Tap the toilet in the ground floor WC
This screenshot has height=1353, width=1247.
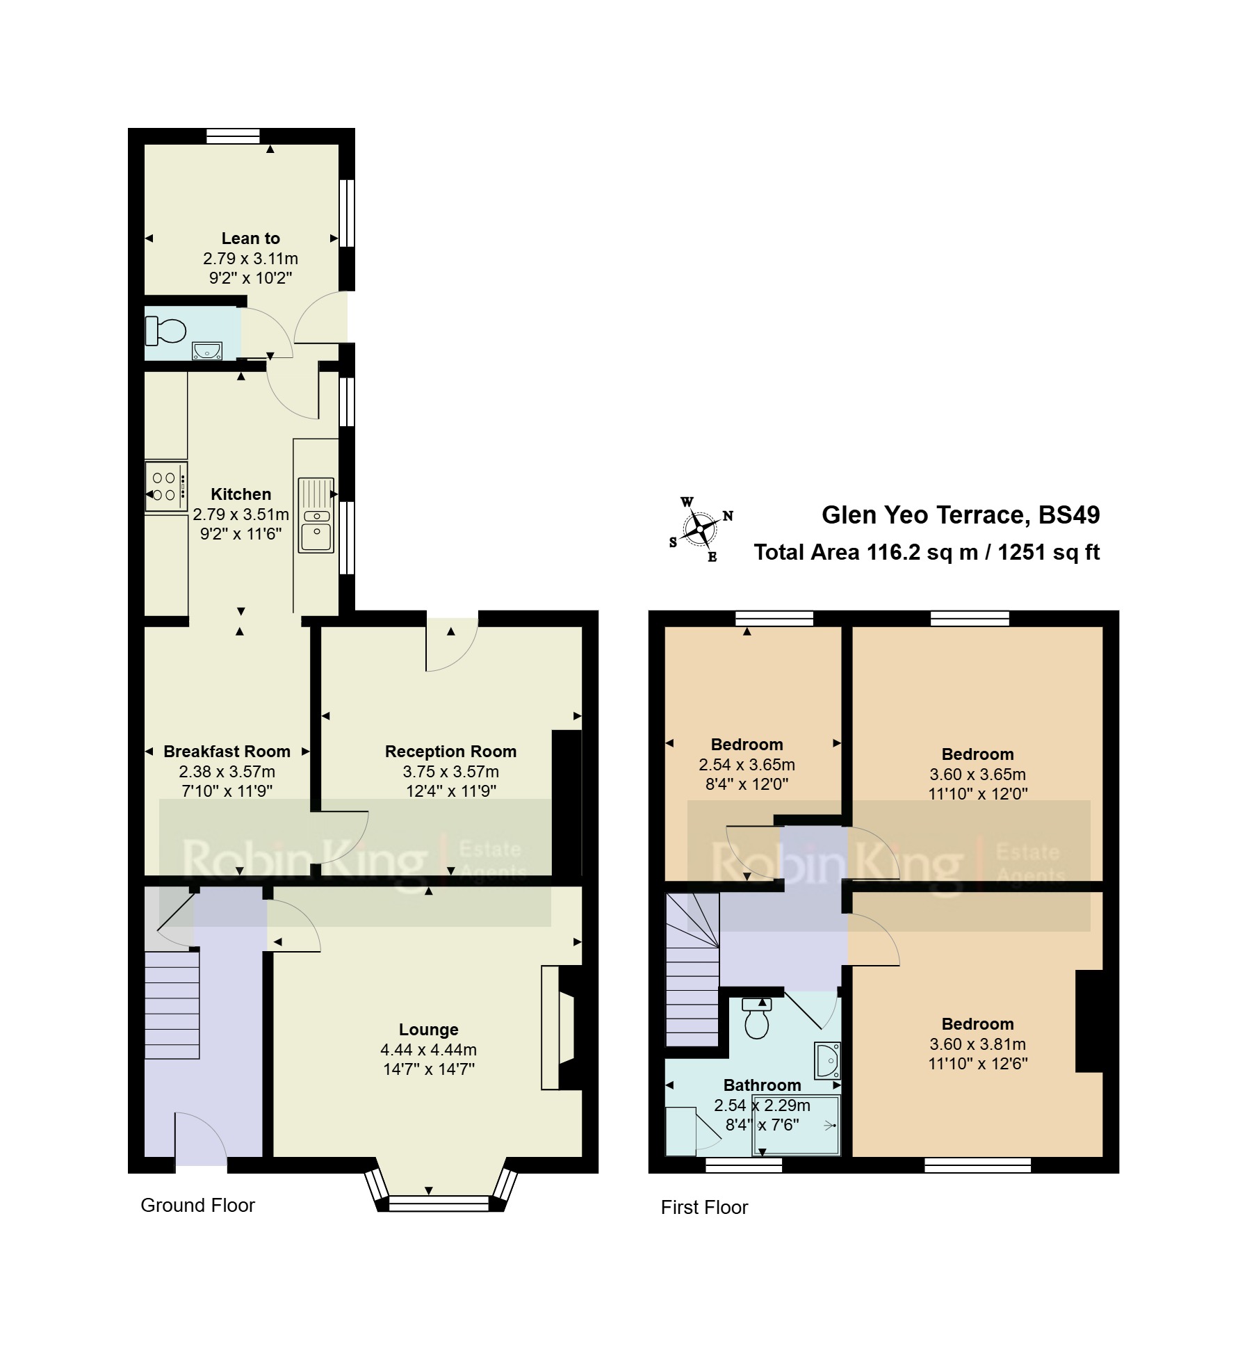tap(165, 331)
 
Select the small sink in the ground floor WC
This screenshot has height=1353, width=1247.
tap(207, 350)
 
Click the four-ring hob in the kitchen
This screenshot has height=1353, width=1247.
tap(166, 486)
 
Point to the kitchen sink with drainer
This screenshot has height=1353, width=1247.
tap(316, 515)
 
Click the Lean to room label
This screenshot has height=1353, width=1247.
tap(250, 238)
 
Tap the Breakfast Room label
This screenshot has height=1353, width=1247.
tap(227, 752)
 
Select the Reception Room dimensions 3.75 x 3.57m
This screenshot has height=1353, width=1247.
tap(450, 772)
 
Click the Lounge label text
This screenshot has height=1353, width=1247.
tap(428, 1030)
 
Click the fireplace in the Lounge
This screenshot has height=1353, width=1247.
tap(562, 1028)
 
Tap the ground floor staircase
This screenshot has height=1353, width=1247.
tap(172, 1005)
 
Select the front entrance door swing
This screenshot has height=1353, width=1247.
tap(201, 1139)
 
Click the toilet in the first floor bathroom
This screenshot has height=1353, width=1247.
tap(756, 1018)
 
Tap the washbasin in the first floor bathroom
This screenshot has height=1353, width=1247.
tap(827, 1061)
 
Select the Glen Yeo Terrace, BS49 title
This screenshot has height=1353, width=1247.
tap(961, 515)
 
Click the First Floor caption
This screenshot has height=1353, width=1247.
tap(704, 1207)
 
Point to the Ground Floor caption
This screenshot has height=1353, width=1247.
tap(197, 1205)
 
